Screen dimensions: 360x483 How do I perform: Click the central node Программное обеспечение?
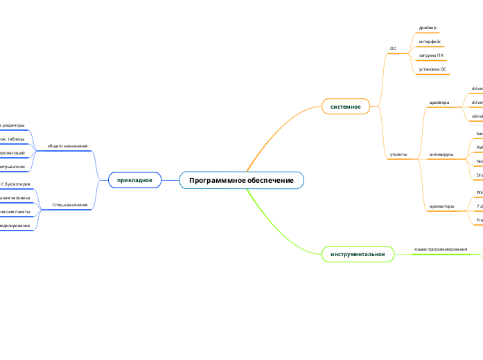[241, 181]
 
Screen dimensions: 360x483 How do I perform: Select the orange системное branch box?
[345, 107]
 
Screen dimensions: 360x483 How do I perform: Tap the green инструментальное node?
[358, 254]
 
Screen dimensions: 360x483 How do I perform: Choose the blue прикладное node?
[134, 180]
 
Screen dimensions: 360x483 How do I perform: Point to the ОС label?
[393, 48]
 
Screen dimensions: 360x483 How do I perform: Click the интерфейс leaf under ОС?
[430, 42]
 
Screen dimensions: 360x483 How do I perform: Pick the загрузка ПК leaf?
[431, 55]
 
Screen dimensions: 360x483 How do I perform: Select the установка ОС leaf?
[432, 69]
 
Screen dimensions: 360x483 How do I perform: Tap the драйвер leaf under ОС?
[428, 28]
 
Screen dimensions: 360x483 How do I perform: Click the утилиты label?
[398, 154]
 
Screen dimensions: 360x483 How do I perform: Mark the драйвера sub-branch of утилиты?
[439, 102]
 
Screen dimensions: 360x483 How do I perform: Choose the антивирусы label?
[441, 154]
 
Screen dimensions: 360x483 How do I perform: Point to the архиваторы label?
[441, 206]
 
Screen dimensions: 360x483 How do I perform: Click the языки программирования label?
[440, 249]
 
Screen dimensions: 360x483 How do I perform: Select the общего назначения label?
[67, 147]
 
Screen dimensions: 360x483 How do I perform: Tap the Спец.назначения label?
[70, 205]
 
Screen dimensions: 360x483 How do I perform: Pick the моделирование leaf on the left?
[14, 226]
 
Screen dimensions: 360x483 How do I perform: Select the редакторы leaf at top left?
[12, 125]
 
